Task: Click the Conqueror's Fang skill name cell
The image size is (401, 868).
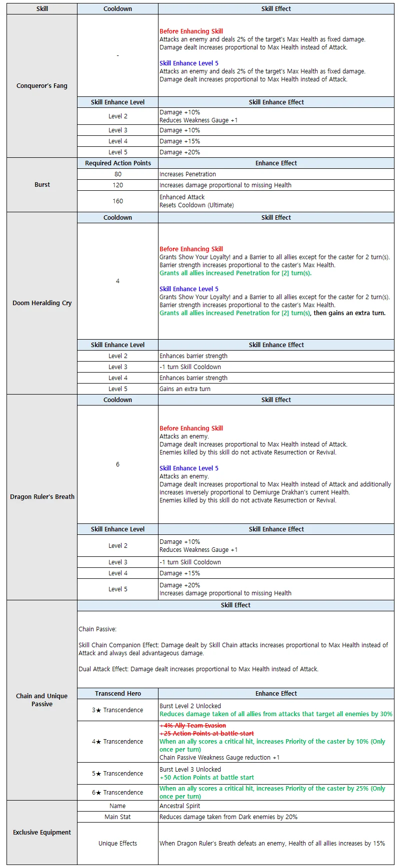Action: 42,86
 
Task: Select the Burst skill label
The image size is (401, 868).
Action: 42,185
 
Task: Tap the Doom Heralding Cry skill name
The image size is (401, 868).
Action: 42,303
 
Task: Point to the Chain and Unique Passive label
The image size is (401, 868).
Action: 42,700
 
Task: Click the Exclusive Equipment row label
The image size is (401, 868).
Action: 42,833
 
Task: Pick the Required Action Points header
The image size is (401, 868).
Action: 117,163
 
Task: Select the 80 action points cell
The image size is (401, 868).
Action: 117,174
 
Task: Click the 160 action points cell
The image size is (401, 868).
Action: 117,201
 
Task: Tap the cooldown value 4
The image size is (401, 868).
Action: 117,281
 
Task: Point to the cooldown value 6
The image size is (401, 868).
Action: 117,464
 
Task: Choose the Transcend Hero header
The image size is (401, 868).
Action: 117,694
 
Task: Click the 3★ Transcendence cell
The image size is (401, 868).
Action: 117,710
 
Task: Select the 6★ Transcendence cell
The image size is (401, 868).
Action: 117,793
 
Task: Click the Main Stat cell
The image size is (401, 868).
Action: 117,817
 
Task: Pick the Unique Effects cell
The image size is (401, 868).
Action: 117,844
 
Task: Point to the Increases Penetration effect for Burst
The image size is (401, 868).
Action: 188,174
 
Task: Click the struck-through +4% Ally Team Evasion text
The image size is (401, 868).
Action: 193,726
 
